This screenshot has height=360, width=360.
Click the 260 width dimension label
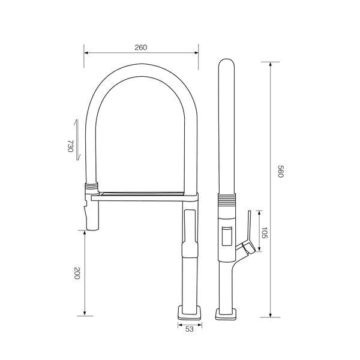[140, 47]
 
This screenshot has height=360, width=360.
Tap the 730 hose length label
[70, 146]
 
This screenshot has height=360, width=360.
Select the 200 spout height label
[77, 273]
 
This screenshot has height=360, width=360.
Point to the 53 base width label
[190, 329]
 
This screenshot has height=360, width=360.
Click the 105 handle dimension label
[265, 233]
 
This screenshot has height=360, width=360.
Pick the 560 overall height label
[281, 171]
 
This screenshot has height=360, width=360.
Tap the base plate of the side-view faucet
[226, 314]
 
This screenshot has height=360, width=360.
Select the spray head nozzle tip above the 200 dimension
[93, 228]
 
